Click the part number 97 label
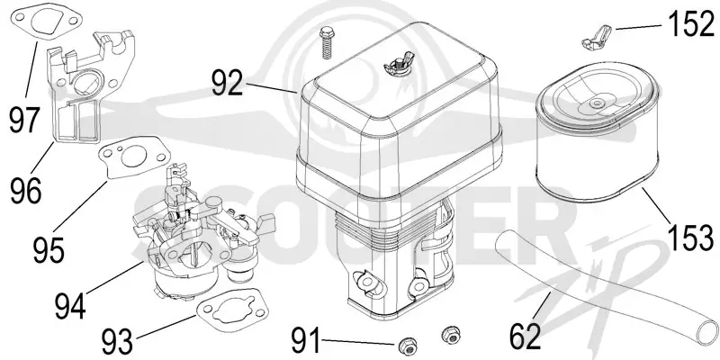tap(25, 120)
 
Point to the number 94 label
tap(70, 306)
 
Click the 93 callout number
tap(117, 342)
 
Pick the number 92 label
tap(228, 83)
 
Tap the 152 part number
tap(691, 23)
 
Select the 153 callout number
tap(691, 237)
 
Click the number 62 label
tap(526, 337)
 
